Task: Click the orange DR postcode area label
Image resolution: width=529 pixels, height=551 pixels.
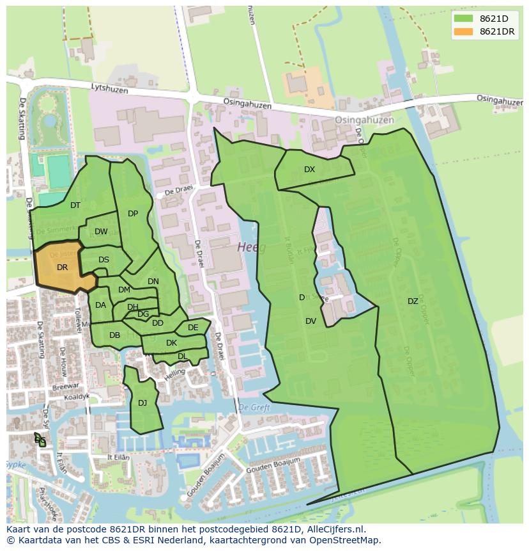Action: coord(62,268)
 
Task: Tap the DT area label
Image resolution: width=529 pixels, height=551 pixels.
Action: coord(75,205)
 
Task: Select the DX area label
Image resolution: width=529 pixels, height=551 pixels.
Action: coord(309,170)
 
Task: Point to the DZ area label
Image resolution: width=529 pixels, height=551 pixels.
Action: coord(413,301)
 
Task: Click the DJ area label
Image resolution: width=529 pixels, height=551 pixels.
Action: coord(142,403)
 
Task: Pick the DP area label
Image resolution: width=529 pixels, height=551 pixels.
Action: coord(133,214)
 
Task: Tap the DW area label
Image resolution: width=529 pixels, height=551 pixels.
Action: coord(101,232)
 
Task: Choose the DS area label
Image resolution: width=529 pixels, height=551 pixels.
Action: coord(103,259)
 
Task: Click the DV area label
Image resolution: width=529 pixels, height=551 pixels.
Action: coord(310,321)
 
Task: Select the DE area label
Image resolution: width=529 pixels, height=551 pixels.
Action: coord(193,328)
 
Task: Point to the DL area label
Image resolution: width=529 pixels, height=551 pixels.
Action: coord(182,356)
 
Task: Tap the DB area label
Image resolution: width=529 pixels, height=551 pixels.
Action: coord(115,335)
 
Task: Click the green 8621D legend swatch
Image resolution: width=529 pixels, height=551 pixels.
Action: coord(463,19)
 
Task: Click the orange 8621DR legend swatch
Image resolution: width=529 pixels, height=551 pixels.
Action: coord(463,31)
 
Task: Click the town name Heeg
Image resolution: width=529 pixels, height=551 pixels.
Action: coord(251,247)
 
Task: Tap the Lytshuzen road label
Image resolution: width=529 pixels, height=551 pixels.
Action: coord(109,88)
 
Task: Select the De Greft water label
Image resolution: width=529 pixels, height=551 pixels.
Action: coord(254,407)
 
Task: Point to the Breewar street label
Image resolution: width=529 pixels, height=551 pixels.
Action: coord(66,386)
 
